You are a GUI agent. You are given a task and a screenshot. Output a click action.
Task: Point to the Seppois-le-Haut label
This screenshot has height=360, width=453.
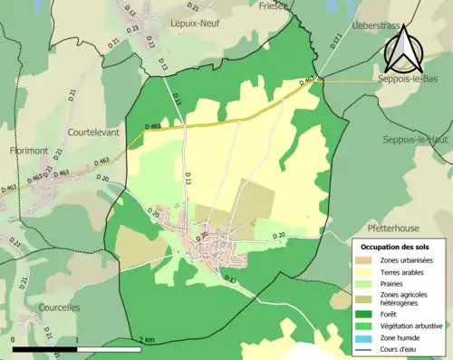(416, 140)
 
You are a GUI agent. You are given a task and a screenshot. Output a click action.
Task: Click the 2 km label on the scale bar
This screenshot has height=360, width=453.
(147, 340)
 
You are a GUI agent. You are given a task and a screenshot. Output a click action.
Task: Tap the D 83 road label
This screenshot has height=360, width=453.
(230, 280)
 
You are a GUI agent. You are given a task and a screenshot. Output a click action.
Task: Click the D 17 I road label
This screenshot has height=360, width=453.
(335, 41)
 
